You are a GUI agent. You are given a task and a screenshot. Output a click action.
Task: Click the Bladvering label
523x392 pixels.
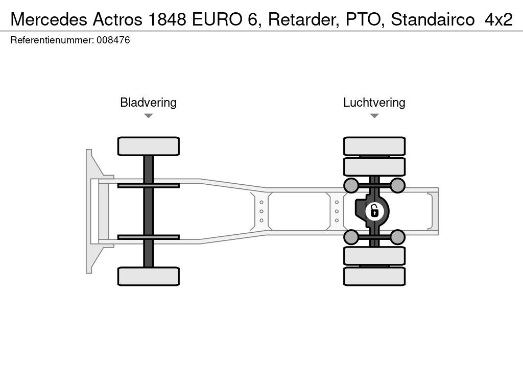coord(148,103)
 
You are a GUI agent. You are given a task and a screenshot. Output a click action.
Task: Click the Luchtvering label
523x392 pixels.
coord(374,103)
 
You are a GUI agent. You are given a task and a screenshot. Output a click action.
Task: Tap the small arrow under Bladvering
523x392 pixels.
coord(148,116)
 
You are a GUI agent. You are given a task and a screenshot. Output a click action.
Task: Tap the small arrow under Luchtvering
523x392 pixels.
coord(374,116)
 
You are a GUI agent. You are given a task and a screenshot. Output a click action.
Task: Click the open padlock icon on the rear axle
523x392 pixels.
coord(374,210)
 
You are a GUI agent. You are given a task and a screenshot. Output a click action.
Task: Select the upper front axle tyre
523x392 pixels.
coord(148,146)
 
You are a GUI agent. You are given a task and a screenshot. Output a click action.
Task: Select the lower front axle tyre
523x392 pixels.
coord(148,276)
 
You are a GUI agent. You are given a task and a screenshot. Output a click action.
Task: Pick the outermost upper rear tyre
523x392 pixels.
coord(374,146)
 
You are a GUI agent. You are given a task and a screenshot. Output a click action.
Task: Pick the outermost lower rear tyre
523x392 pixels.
coord(374,276)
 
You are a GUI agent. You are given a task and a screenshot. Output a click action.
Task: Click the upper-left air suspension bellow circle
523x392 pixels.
coord(351,185)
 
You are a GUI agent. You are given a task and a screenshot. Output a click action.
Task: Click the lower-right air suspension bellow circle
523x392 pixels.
coord(398,236)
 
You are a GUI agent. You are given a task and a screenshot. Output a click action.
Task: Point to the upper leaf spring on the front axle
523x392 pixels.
coord(148,185)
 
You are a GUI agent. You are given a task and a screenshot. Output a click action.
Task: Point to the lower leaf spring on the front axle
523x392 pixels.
coord(148,237)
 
